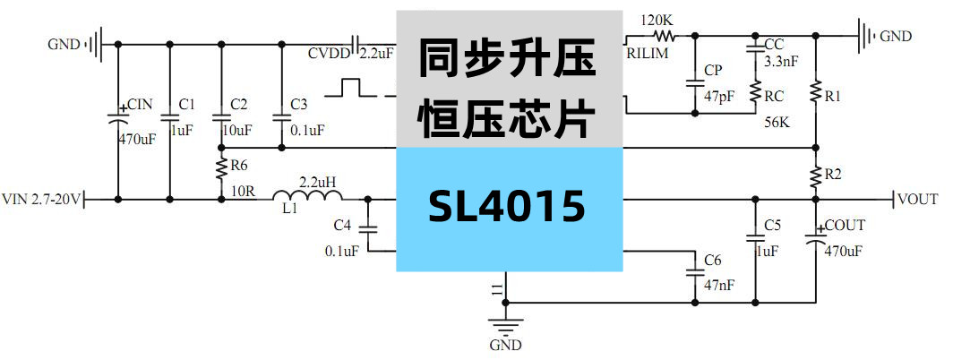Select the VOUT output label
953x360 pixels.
point(917,199)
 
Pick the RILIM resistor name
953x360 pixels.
point(647,54)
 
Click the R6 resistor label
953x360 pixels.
point(239,166)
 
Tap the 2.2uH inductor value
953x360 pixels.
point(318,182)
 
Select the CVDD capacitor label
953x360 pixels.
point(329,54)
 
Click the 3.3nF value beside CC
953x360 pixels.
point(781,63)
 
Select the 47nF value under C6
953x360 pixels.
point(719,285)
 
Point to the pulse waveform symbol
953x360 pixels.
point(351,88)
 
